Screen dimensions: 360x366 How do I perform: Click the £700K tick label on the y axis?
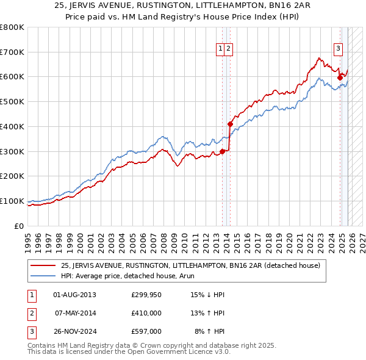[x=12, y=52]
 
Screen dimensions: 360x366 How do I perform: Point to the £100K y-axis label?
[x=12, y=201]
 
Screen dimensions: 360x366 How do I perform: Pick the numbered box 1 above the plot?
[x=220, y=50]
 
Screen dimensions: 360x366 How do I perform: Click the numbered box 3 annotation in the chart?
[x=337, y=50]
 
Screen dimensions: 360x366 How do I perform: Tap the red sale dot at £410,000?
[x=230, y=124]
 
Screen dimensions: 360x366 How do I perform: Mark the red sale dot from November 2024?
[x=340, y=77]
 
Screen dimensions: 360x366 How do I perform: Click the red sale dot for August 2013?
[x=222, y=151]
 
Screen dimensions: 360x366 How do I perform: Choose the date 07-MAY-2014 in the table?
[x=75, y=313]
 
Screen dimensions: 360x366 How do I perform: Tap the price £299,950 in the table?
[x=146, y=295]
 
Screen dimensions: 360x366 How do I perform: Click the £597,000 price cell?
[x=146, y=331]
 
